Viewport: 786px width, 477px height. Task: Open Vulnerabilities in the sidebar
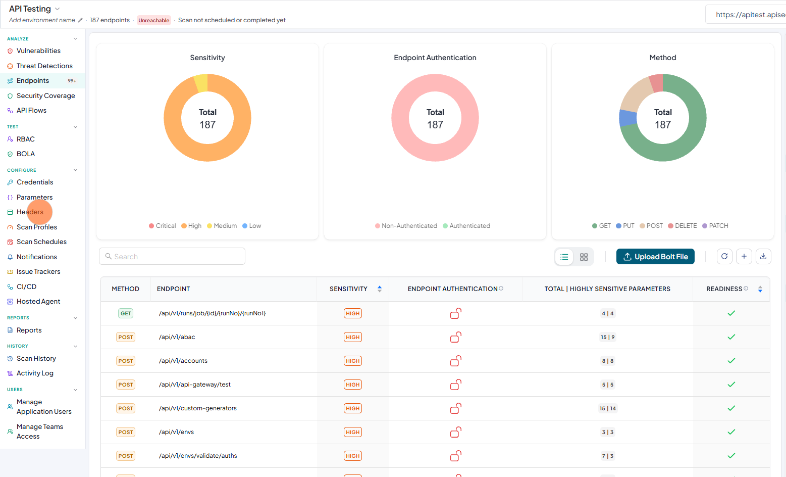click(38, 51)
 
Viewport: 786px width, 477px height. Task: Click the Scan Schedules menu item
click(41, 242)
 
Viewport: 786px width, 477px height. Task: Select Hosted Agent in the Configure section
click(38, 301)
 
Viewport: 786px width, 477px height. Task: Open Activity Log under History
click(35, 373)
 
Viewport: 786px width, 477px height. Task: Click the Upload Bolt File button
click(655, 257)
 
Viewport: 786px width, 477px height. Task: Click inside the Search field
click(172, 256)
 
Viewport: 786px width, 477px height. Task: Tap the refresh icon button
click(724, 256)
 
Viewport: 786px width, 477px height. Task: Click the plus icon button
click(744, 256)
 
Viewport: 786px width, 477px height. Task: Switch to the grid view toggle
click(584, 257)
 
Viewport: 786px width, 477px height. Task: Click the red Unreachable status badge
click(153, 20)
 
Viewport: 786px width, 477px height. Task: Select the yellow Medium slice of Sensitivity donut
click(201, 83)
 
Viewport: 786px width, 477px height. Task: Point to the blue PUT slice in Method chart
click(627, 118)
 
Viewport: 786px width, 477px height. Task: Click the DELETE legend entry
click(683, 226)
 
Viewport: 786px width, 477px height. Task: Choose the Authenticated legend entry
click(466, 226)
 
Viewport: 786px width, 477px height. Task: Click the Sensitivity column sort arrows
click(379, 289)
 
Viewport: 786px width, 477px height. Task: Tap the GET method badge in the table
click(126, 313)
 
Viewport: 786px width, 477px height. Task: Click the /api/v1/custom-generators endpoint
click(197, 408)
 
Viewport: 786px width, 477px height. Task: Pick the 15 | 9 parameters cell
click(607, 337)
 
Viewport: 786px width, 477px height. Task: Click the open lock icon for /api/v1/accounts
click(455, 361)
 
